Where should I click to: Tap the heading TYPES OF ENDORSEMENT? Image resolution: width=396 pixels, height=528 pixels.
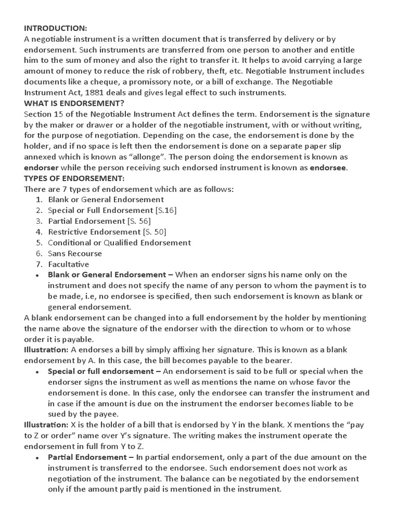click(74, 178)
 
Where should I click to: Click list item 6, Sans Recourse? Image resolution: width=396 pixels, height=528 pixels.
click(75, 254)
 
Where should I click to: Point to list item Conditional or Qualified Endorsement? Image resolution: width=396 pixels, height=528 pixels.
click(119, 243)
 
